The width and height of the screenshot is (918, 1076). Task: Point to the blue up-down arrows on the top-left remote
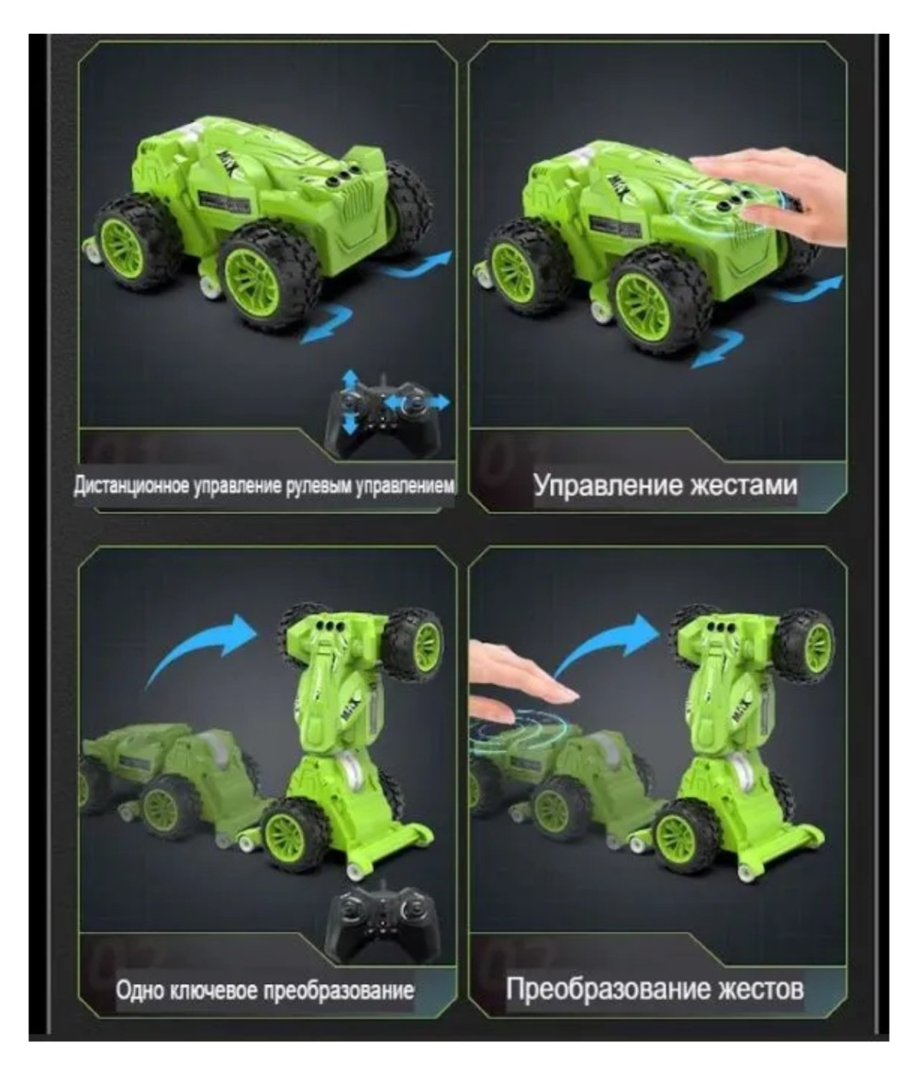(350, 401)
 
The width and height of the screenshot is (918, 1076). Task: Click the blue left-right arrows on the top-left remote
(418, 402)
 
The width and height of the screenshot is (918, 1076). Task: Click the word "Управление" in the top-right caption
(608, 486)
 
